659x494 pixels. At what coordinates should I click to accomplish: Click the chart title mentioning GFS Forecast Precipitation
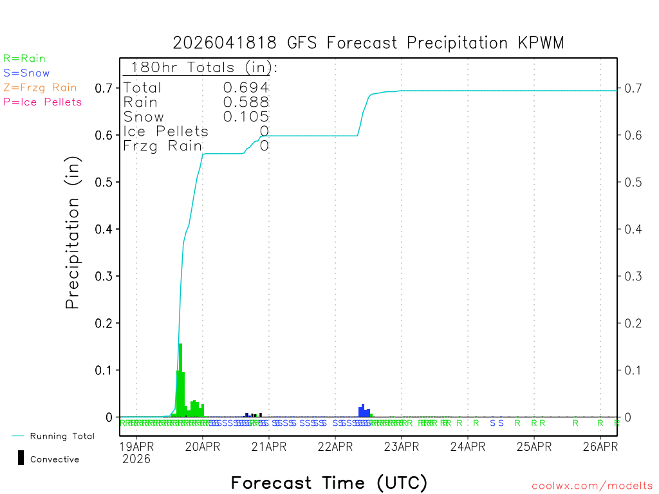point(368,43)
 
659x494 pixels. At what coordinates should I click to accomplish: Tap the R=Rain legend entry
point(24,59)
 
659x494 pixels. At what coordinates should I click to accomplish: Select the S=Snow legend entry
point(26,73)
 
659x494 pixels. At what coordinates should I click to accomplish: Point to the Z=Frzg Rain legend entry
point(40,87)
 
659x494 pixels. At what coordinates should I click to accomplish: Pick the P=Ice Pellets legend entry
point(42,102)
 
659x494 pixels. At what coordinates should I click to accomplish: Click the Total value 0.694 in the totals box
point(246,88)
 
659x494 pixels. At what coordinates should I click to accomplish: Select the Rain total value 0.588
point(246,102)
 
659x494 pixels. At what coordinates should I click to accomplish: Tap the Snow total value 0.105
point(246,116)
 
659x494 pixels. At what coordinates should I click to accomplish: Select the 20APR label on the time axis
point(202,446)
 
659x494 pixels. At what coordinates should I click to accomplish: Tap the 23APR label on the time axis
point(401,446)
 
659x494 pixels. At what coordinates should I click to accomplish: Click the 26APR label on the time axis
point(600,446)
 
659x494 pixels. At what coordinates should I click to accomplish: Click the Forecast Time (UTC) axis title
point(329,482)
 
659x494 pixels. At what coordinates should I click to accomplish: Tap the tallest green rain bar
point(180,380)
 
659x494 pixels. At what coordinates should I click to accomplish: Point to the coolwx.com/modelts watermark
point(592,486)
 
